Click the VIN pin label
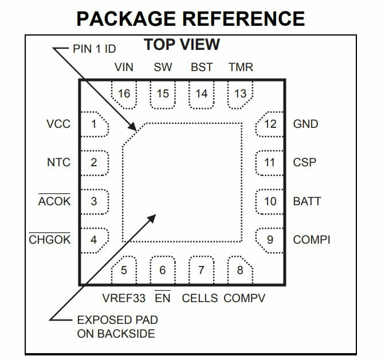click(x=124, y=67)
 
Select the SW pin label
click(x=163, y=67)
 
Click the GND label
click(x=305, y=124)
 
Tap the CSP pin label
click(x=304, y=162)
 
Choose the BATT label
click(x=307, y=201)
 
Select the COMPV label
click(x=245, y=298)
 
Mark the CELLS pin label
click(x=200, y=298)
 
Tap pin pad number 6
click(x=163, y=270)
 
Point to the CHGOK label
click(x=50, y=240)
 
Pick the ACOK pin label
click(x=54, y=201)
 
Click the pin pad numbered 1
click(x=94, y=124)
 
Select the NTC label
click(x=58, y=162)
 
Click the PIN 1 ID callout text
click(x=98, y=48)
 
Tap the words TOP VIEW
click(x=182, y=45)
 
